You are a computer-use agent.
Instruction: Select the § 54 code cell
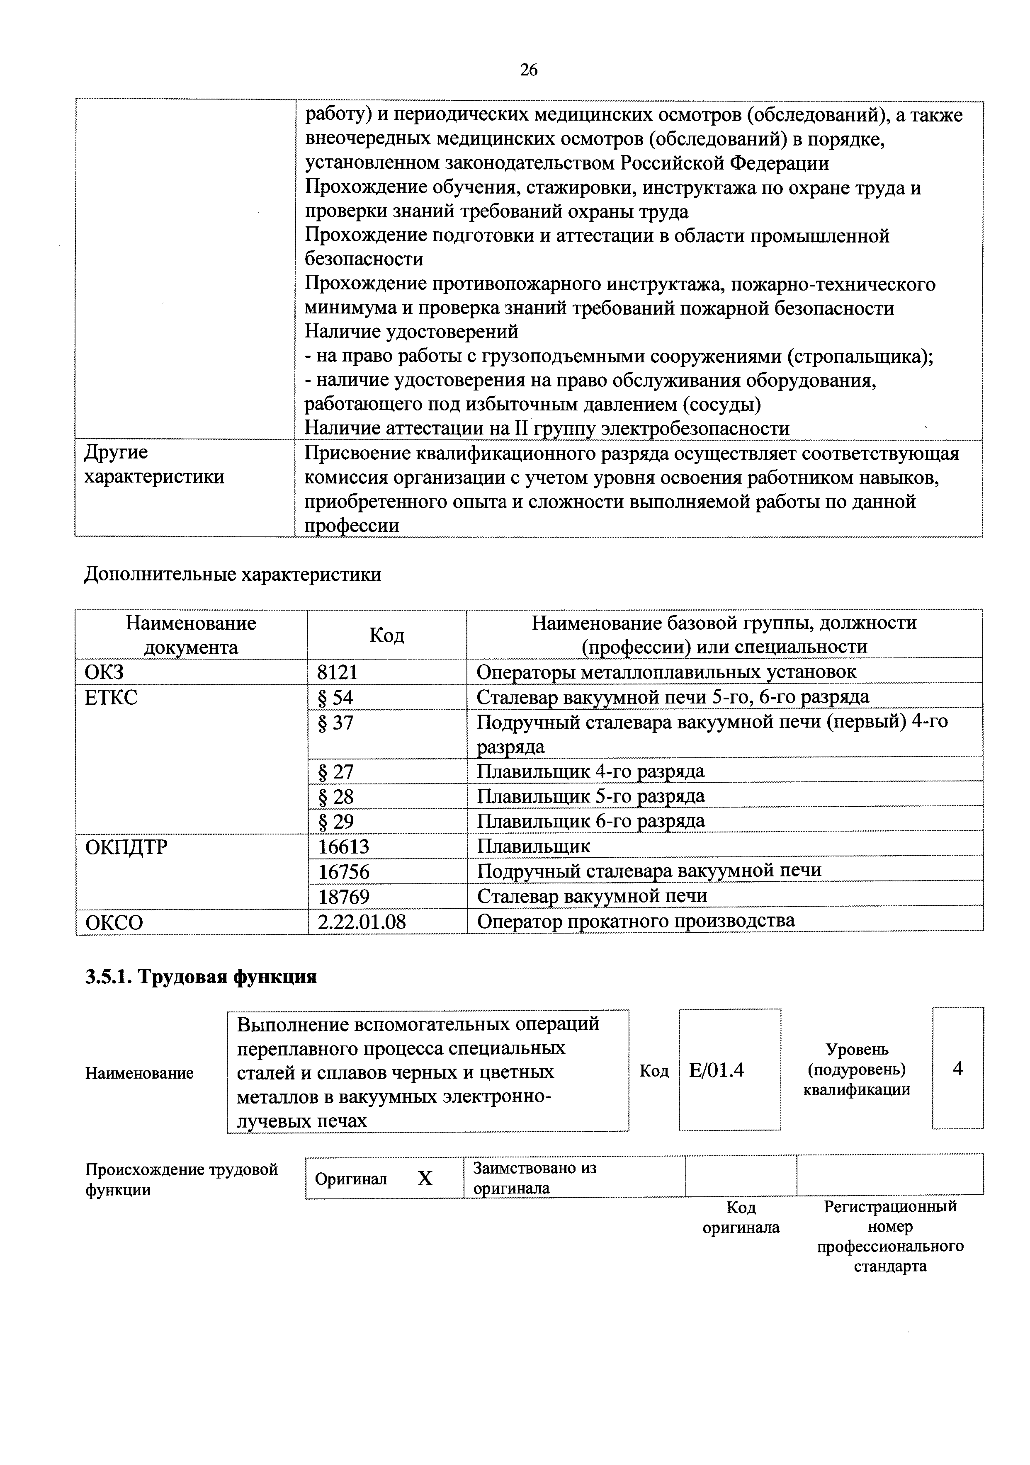pos(336,697)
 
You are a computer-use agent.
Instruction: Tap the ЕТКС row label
pos(111,697)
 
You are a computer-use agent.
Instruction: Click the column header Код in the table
pos(387,635)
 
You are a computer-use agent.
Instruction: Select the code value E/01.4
pos(717,1070)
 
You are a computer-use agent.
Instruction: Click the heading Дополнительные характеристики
pos(233,574)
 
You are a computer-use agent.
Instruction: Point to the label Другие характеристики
pos(154,465)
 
